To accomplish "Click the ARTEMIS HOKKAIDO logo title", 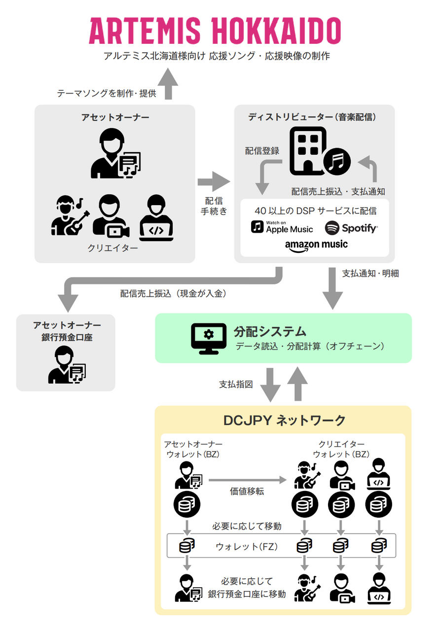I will [x=215, y=31].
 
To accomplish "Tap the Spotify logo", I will [x=351, y=228].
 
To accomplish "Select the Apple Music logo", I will [x=282, y=227].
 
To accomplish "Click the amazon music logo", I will [x=316, y=245].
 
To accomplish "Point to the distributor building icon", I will [x=308, y=151].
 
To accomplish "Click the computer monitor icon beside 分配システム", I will [x=209, y=338].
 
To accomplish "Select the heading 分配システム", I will [x=270, y=331].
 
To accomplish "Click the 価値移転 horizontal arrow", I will [x=248, y=479].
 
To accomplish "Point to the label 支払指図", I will [x=236, y=384].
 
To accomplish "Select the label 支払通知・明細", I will [x=370, y=273].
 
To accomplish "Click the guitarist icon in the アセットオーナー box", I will [x=70, y=215].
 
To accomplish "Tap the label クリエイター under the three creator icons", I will [x=113, y=248].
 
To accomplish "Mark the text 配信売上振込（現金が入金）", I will [x=173, y=293].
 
